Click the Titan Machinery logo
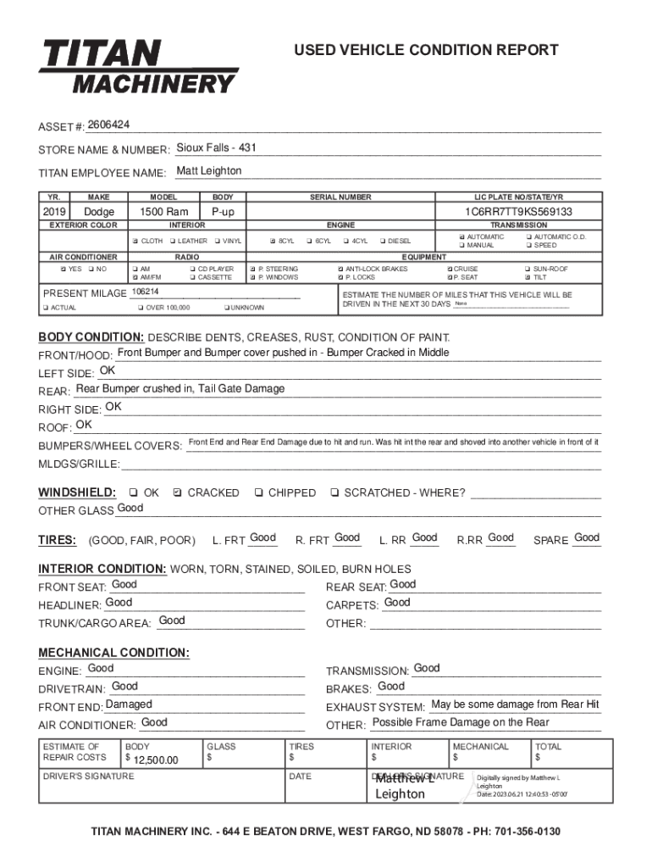[x=138, y=66]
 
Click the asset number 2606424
[x=108, y=125]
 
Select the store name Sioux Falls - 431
[x=216, y=148]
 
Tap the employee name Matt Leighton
[x=208, y=171]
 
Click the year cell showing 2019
[x=54, y=212]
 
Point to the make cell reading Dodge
[x=99, y=212]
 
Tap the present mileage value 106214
[x=146, y=292]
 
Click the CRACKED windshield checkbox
[x=177, y=492]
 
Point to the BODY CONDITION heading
[x=91, y=337]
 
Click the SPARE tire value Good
[x=586, y=537]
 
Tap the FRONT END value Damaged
[x=129, y=704]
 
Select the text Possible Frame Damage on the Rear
[x=461, y=722]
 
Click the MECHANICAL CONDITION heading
[x=113, y=653]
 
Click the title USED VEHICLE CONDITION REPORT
[x=426, y=50]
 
